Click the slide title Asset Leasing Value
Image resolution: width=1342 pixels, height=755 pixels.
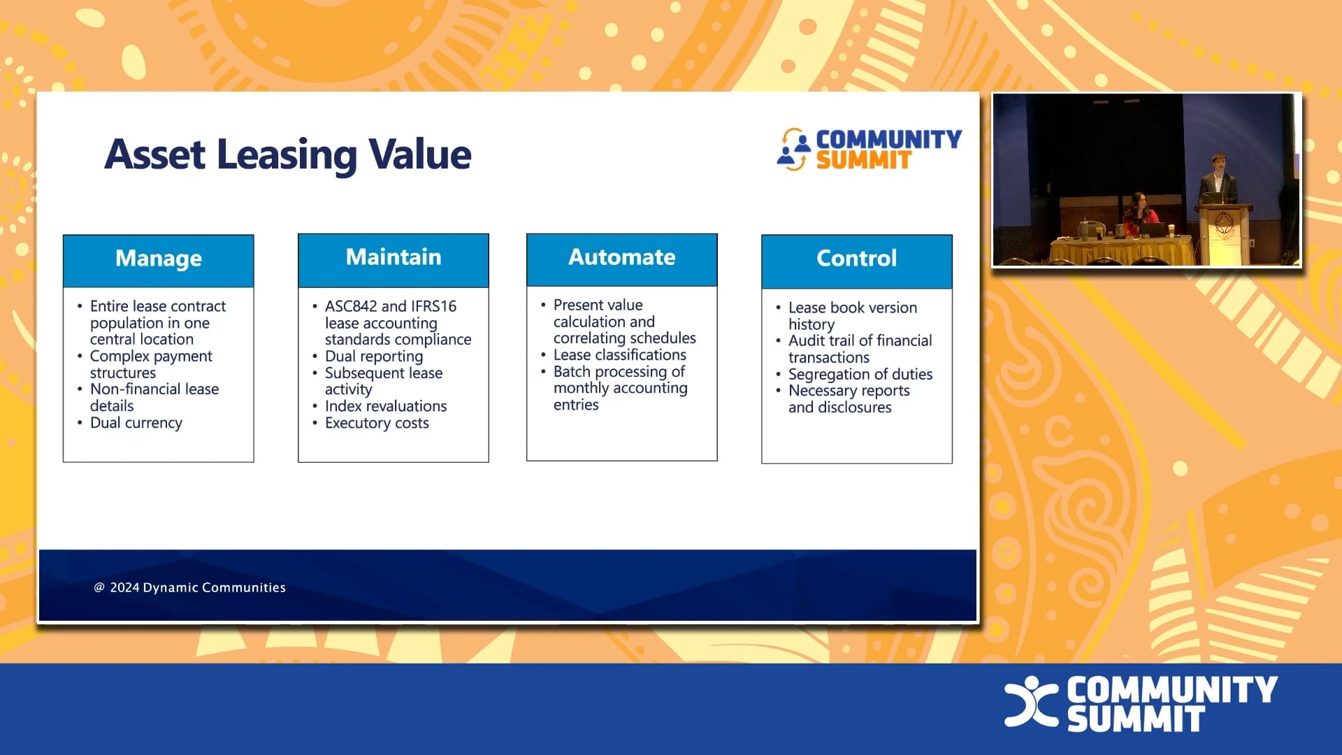point(287,154)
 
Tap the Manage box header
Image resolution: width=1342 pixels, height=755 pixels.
point(159,259)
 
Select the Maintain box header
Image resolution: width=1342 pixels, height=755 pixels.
point(394,257)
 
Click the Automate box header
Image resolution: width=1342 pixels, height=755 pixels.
point(621,257)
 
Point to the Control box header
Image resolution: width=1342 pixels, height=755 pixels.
point(856,259)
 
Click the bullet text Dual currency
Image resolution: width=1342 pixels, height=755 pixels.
point(136,423)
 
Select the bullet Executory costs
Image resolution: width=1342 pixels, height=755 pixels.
point(377,423)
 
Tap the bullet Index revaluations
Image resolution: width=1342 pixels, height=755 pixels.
point(385,406)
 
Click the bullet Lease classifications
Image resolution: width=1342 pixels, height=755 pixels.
point(619,355)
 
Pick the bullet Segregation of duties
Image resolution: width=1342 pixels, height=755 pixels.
point(860,374)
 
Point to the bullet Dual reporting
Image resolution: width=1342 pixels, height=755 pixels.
point(373,357)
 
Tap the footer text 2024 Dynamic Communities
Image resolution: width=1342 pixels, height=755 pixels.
point(197,588)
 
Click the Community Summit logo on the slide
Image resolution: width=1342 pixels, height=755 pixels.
point(870,149)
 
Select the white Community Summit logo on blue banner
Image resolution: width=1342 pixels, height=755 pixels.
point(1141,703)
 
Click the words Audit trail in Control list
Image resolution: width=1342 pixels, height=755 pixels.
point(821,341)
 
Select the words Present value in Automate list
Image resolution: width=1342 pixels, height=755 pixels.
point(598,305)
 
